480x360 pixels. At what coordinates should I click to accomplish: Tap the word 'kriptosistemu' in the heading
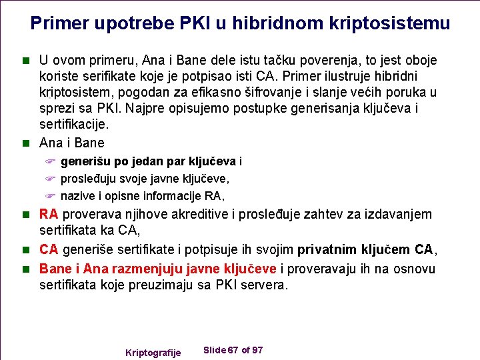pyautogui.click(x=390, y=24)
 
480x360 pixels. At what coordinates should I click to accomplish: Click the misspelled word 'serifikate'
pyautogui.click(x=105, y=76)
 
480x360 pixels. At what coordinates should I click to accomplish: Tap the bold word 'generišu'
pyautogui.click(x=85, y=161)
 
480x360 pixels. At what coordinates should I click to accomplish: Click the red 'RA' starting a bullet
pyautogui.click(x=48, y=215)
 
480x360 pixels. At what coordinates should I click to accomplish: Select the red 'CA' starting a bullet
pyautogui.click(x=48, y=250)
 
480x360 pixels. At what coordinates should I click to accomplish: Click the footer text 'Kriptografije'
pyautogui.click(x=153, y=352)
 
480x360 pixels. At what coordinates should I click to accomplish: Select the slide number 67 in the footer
pyautogui.click(x=233, y=351)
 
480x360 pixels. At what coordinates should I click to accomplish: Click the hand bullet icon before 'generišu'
pyautogui.click(x=49, y=162)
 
